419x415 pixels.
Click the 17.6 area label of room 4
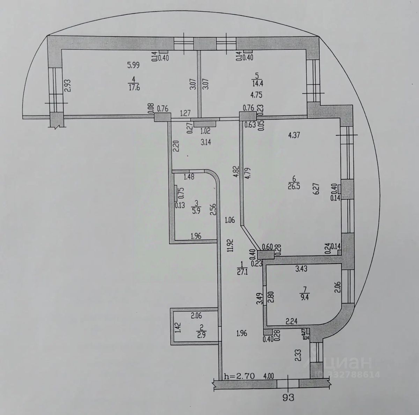[x=134, y=88]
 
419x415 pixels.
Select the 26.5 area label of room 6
[x=294, y=187]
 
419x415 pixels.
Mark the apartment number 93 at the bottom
[x=288, y=398]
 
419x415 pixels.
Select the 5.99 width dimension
[x=133, y=65]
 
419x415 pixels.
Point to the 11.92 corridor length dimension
[x=230, y=245]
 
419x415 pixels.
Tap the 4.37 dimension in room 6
[x=294, y=135]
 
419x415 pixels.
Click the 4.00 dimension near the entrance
[x=268, y=376]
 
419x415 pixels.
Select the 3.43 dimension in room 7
[x=301, y=269]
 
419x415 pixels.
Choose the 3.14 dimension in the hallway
[x=205, y=142]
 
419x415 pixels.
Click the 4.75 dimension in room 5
[x=257, y=95]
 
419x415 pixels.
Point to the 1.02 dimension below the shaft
[x=205, y=132]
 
